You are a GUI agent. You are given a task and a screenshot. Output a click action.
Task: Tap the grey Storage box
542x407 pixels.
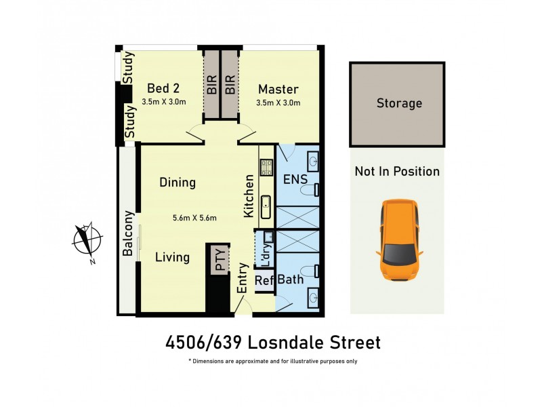(x=398, y=104)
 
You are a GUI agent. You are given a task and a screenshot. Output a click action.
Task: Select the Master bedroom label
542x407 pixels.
(x=278, y=90)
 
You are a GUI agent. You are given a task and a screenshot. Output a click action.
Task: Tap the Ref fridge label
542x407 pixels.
(x=262, y=279)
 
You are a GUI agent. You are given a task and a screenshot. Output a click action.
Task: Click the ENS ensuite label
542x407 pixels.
(x=295, y=180)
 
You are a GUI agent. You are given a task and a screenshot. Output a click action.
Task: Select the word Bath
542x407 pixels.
(x=289, y=279)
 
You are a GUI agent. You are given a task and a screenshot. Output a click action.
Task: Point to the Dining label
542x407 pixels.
(x=178, y=182)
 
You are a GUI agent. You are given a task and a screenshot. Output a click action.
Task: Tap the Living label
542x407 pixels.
(x=172, y=258)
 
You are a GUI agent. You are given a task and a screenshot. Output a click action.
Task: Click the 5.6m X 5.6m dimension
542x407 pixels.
(x=194, y=218)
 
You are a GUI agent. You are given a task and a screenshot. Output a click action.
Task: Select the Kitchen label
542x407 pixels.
(x=249, y=196)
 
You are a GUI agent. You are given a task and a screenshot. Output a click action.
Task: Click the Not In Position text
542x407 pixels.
(x=397, y=172)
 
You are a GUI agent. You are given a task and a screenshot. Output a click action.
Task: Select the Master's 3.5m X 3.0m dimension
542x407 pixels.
(x=278, y=102)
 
